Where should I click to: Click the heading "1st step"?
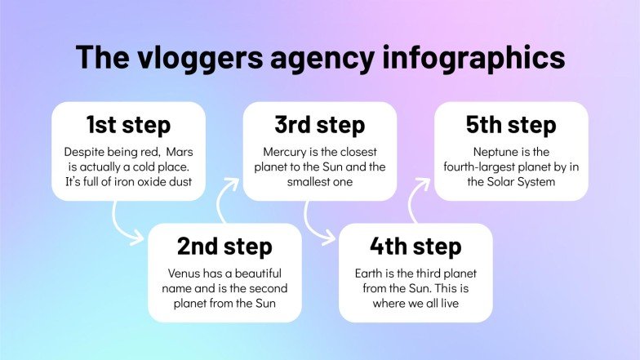tap(128, 125)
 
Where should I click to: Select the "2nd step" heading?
tap(224, 246)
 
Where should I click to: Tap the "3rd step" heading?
tap(320, 125)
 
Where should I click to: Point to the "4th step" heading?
tap(416, 246)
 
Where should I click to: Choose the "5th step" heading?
tap(511, 125)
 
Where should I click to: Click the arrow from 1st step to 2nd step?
tap(125, 224)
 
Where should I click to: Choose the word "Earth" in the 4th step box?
tap(371, 273)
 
